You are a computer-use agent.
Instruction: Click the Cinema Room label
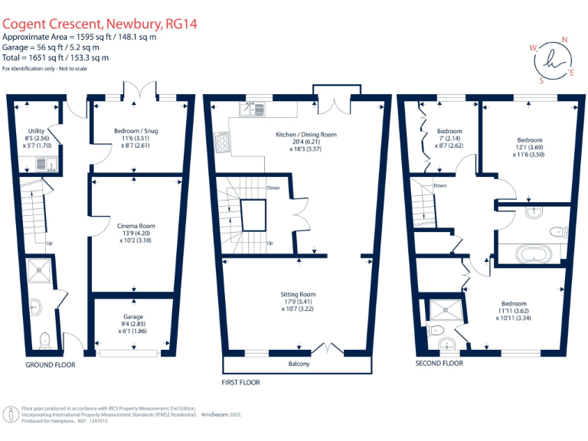coord(136,226)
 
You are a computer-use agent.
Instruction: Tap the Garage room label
coord(133,316)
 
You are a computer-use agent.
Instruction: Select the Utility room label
coord(36,131)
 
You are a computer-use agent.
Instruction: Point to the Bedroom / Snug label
coord(136,131)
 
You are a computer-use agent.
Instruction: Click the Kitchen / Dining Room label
coord(306,135)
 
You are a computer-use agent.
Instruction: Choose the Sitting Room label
coord(299,294)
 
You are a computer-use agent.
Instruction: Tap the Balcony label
coord(299,364)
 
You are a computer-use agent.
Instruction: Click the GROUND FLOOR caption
coord(51,365)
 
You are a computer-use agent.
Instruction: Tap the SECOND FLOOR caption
coord(439,364)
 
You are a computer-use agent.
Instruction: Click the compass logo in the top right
coord(551,58)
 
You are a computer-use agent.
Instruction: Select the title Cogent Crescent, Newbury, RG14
coord(100,24)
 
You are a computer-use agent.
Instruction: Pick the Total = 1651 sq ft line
coord(55,57)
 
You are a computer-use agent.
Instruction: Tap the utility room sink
coord(40,163)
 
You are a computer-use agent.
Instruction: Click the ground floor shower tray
coord(38,267)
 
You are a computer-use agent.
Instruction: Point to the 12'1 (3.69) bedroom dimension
coord(529,147)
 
